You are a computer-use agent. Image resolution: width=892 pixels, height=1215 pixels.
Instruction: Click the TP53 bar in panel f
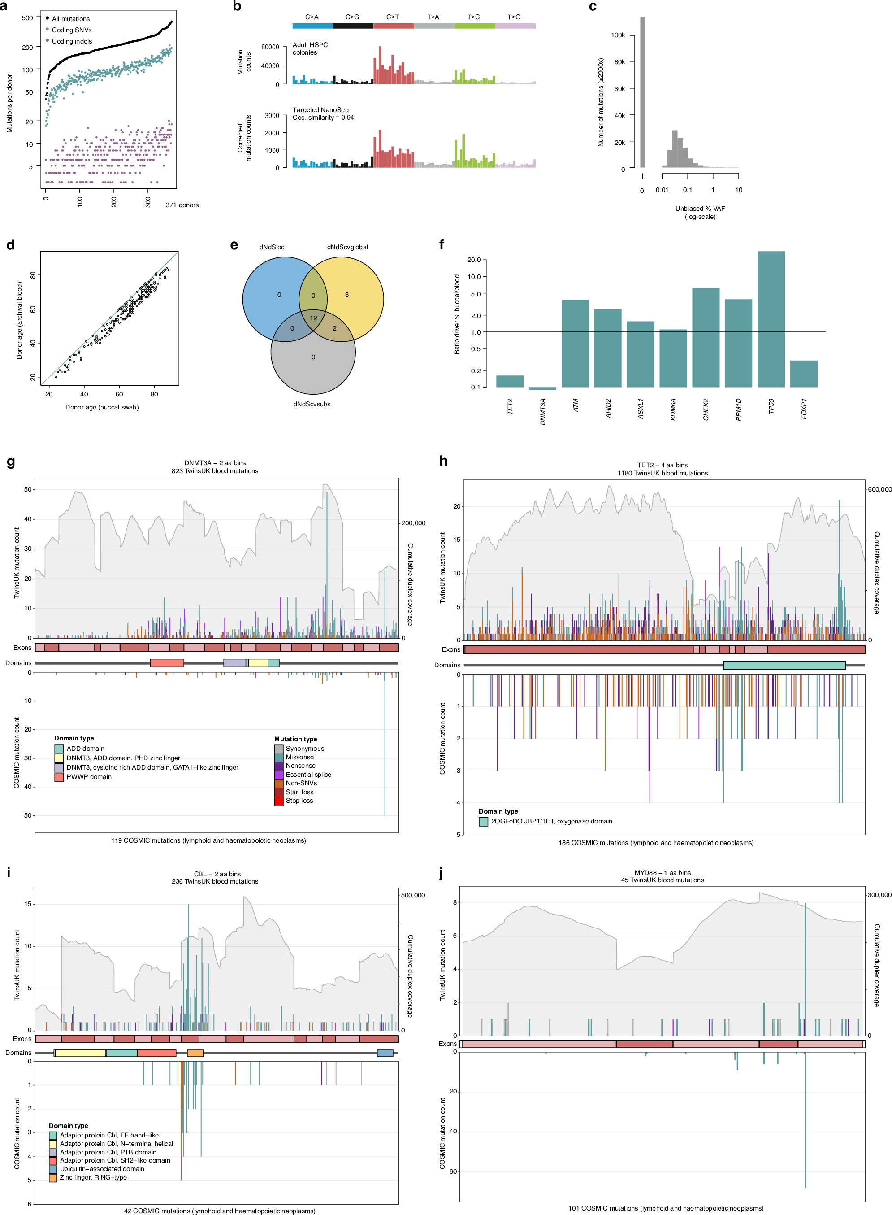coord(771,319)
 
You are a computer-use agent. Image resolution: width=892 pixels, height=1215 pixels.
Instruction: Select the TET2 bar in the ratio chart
coord(510,381)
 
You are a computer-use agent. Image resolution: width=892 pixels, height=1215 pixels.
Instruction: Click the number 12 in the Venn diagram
coord(313,318)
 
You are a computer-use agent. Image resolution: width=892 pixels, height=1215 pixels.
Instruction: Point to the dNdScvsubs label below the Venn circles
coord(312,404)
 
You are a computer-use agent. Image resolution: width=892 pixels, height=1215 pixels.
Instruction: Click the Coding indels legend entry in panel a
coord(71,41)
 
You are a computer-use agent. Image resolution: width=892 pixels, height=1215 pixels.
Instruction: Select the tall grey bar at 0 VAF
coord(642,92)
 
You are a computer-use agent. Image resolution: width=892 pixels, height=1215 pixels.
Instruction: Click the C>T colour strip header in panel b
coord(393,26)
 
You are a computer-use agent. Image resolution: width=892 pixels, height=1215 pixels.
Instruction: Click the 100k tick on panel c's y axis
coord(618,35)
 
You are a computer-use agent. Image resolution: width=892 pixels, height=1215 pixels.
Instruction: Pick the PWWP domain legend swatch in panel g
coord(59,777)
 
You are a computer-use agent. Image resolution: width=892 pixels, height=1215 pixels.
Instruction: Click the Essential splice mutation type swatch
coord(279,775)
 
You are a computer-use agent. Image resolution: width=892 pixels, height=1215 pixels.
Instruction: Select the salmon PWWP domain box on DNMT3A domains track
coord(167,663)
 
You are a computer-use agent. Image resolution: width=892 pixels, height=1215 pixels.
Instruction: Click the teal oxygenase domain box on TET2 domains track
coord(784,665)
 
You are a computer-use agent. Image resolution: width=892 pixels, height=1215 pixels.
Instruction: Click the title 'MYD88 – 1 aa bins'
coord(662,872)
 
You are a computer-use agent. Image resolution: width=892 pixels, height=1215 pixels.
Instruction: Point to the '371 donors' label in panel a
coord(182,205)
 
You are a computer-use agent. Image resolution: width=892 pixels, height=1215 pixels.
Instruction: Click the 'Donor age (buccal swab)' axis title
coord(102,407)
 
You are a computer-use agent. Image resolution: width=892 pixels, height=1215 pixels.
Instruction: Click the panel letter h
coord(444,461)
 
